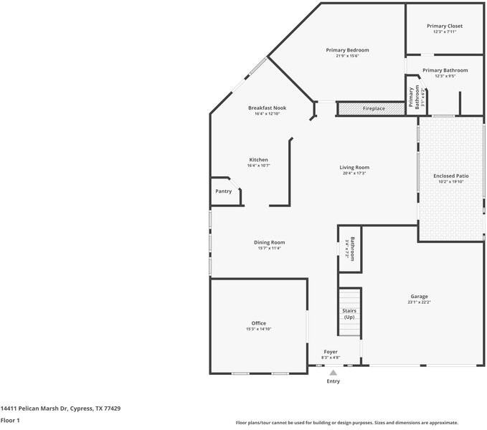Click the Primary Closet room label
coord(445,26)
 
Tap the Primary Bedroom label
coord(347,50)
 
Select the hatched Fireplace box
coord(361,109)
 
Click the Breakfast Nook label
coord(267,107)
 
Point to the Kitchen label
coord(259,160)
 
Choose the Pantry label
coord(224,191)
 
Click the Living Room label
coord(354,168)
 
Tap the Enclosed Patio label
coord(451,176)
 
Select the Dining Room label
coord(270,242)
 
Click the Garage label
coord(420,296)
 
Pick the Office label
coord(258,323)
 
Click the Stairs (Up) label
coord(349,314)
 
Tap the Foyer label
coord(331,352)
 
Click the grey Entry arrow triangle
coord(333,373)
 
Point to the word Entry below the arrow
coord(334,381)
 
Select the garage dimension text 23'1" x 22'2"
coord(420,302)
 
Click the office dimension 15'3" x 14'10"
coord(258,329)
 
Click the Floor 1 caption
coord(10,421)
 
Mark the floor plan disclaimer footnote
coord(347,423)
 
